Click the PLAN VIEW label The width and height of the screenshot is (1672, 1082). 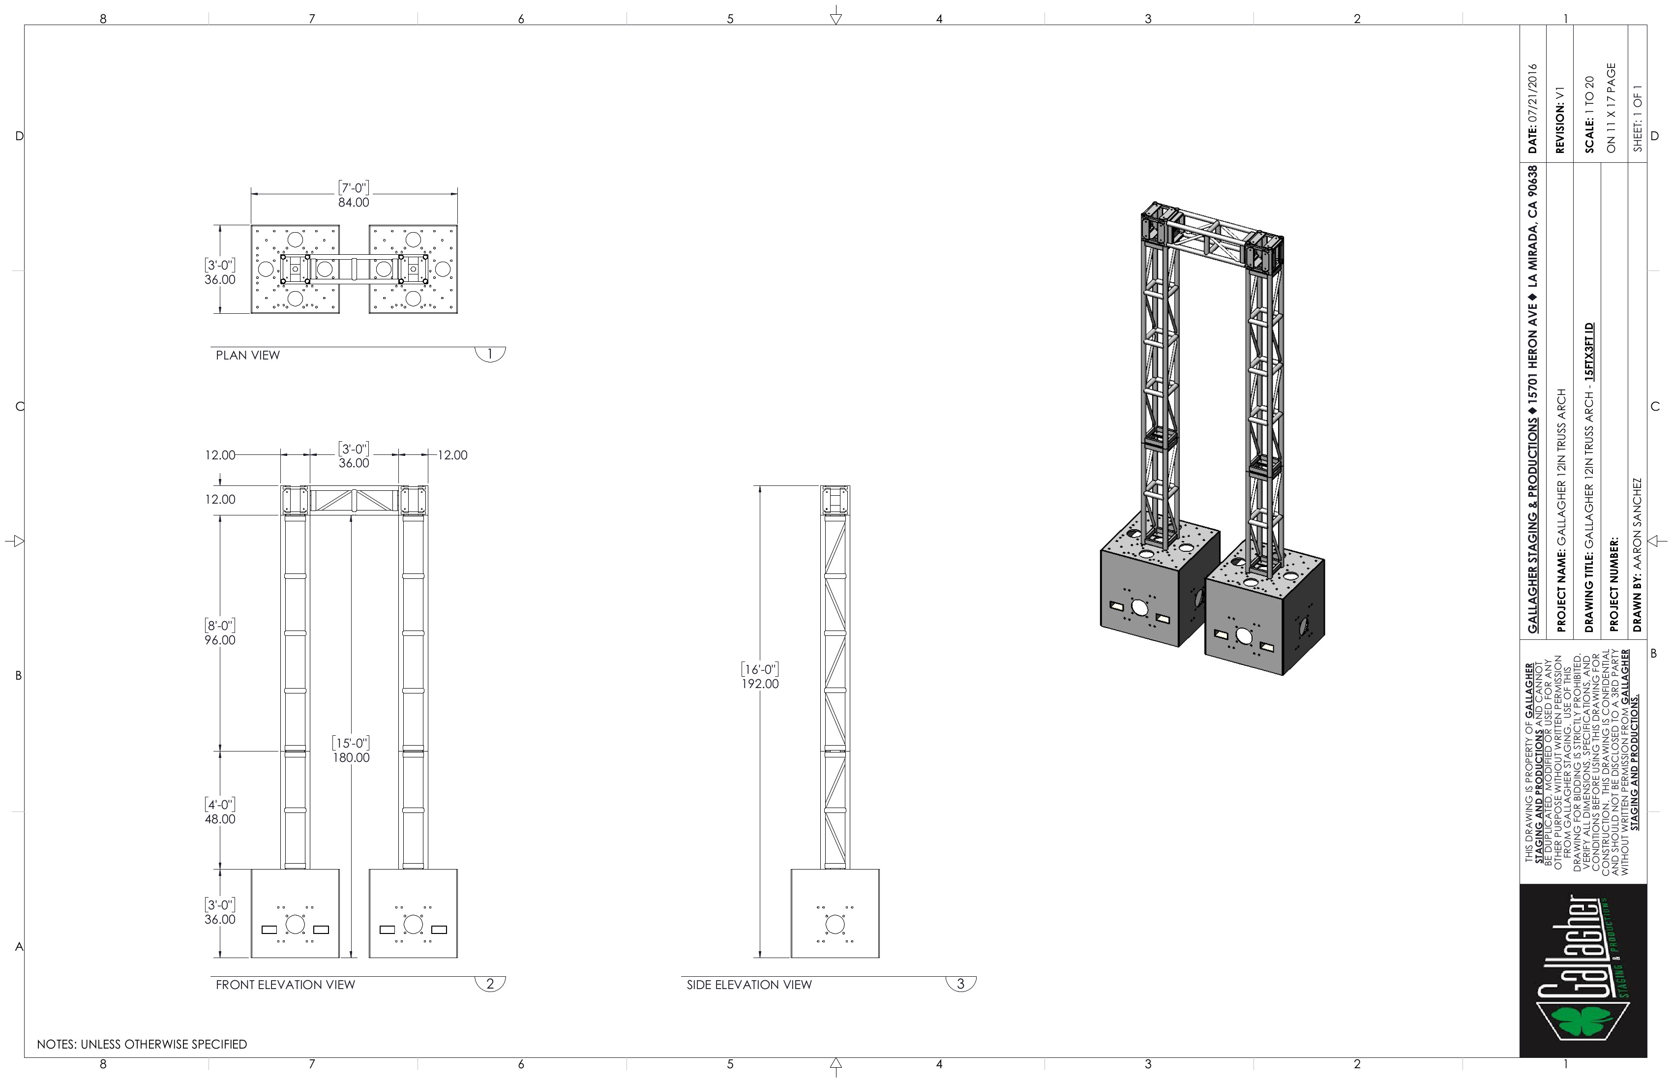[247, 356]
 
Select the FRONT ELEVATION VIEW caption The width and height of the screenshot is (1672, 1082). [285, 985]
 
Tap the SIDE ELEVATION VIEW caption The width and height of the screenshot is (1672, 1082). [749, 985]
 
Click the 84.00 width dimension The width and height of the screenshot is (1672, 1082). [354, 202]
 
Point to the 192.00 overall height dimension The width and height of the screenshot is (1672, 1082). [760, 684]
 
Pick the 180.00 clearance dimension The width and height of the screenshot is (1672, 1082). [351, 757]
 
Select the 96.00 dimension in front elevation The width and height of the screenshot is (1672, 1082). [220, 640]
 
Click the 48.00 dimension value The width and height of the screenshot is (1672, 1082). [220, 819]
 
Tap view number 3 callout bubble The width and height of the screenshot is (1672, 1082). [961, 984]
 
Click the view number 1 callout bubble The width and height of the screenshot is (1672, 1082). [490, 354]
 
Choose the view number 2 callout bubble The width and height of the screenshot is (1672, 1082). [490, 984]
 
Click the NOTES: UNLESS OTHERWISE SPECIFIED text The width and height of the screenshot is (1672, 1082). [142, 1044]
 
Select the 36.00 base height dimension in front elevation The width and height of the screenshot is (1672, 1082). [220, 920]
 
